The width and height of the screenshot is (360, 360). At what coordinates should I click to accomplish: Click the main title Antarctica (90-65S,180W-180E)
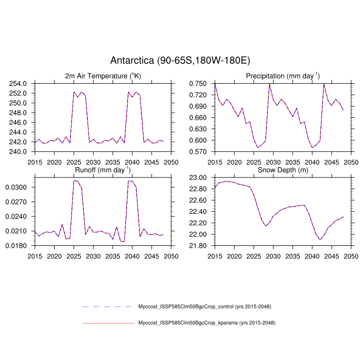[x=180, y=61]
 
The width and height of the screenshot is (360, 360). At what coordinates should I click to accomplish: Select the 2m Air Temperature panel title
[x=102, y=76]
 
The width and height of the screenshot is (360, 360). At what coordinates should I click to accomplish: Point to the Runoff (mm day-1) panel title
[x=102, y=170]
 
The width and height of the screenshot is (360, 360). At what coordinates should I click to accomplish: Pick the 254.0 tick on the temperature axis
[x=21, y=83]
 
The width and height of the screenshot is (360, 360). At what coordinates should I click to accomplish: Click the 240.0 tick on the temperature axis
[x=21, y=152]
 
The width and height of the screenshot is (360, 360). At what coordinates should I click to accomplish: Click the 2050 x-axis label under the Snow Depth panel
[x=351, y=256]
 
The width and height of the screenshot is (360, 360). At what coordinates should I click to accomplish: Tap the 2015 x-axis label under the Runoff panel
[x=34, y=256]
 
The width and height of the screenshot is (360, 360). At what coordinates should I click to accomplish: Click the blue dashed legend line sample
[x=108, y=307]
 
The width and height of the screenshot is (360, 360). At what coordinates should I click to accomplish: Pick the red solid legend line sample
[x=108, y=323]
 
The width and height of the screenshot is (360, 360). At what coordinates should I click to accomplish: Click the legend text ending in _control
[x=205, y=307]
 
